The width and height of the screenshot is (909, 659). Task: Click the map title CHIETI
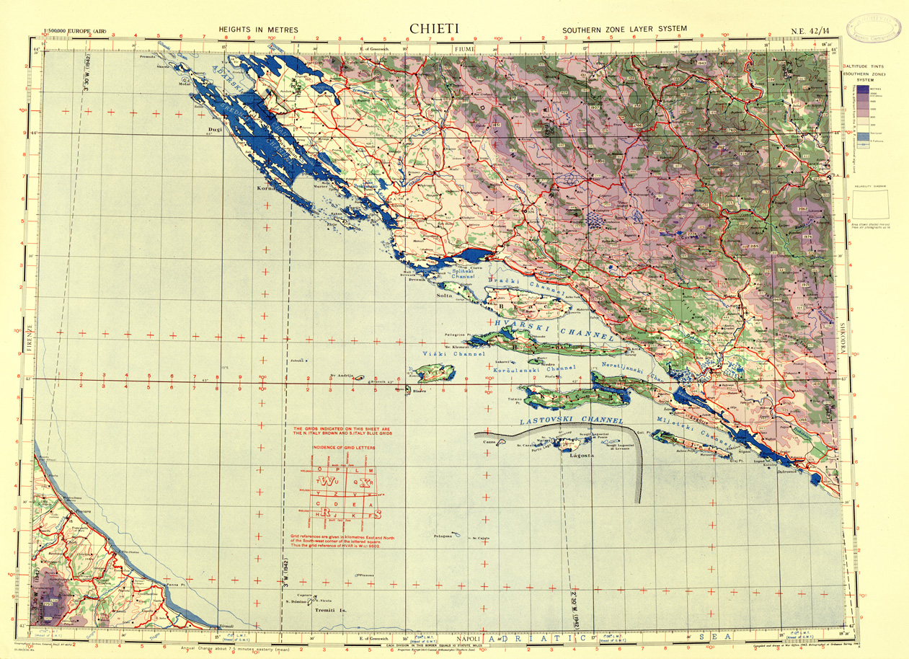pyautogui.click(x=433, y=27)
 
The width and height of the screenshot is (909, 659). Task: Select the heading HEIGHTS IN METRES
pyautogui.click(x=258, y=30)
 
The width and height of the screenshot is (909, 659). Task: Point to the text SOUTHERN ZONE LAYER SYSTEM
pyautogui.click(x=624, y=30)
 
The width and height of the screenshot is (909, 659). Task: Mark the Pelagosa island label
pyautogui.click(x=443, y=536)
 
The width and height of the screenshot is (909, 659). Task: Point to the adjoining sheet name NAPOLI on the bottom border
pyautogui.click(x=469, y=638)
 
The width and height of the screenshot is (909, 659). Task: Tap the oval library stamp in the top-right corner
pyautogui.click(x=875, y=26)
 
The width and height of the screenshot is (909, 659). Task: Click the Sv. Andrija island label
pyautogui.click(x=342, y=375)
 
